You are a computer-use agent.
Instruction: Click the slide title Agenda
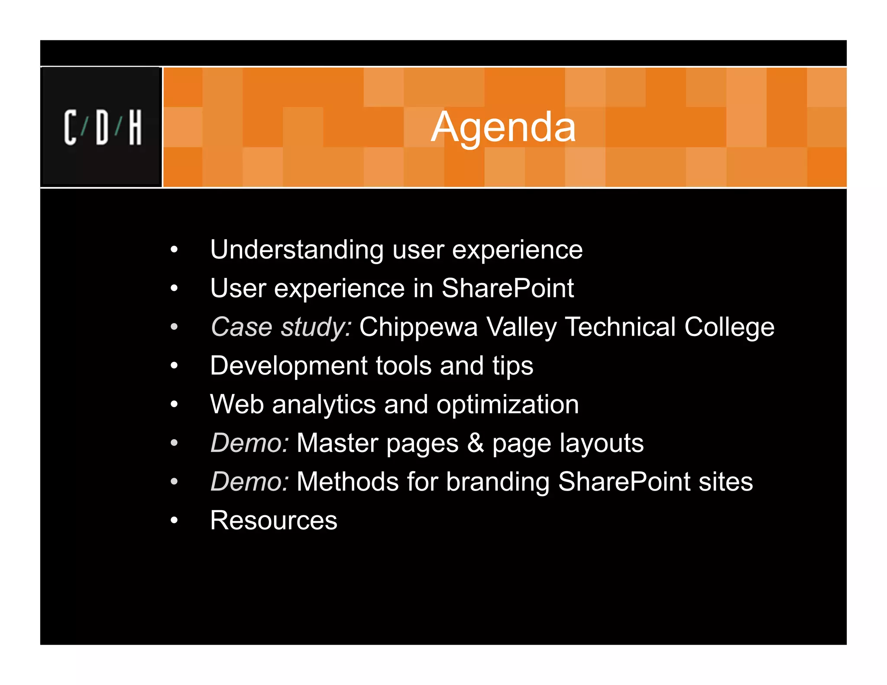(x=503, y=127)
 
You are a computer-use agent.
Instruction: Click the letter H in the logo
(x=135, y=127)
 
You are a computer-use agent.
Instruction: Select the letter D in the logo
(x=102, y=127)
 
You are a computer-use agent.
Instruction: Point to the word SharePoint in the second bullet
(x=507, y=288)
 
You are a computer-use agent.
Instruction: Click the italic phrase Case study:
(x=281, y=327)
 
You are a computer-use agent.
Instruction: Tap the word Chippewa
(x=418, y=327)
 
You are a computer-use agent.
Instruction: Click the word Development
(x=288, y=365)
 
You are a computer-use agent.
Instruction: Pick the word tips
(x=512, y=366)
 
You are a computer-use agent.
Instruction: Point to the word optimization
(x=507, y=404)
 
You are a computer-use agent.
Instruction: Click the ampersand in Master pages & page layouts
(x=475, y=443)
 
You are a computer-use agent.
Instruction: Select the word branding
(x=498, y=482)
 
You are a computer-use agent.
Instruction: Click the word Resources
(x=273, y=520)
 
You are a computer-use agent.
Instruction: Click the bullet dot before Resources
(x=174, y=520)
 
